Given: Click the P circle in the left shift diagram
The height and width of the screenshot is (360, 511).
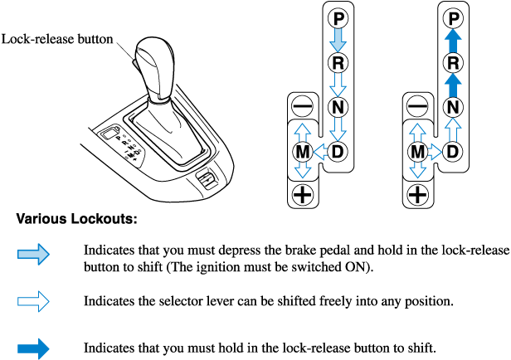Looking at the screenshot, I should [x=338, y=17].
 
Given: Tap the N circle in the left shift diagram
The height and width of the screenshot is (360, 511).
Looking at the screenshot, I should [x=338, y=106].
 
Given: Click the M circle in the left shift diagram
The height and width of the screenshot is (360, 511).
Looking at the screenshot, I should [x=302, y=152].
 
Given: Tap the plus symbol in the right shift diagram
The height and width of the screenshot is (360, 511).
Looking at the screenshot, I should [x=417, y=195].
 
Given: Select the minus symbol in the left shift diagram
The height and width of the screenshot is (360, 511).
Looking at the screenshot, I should [x=302, y=107].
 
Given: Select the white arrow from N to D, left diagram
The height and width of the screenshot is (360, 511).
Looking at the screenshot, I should [x=338, y=129].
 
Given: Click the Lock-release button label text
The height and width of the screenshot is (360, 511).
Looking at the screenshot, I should [x=57, y=39].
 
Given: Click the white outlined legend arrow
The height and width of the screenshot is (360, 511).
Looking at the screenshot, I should [x=34, y=300].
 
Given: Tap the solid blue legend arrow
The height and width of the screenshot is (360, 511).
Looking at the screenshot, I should [x=34, y=347].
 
